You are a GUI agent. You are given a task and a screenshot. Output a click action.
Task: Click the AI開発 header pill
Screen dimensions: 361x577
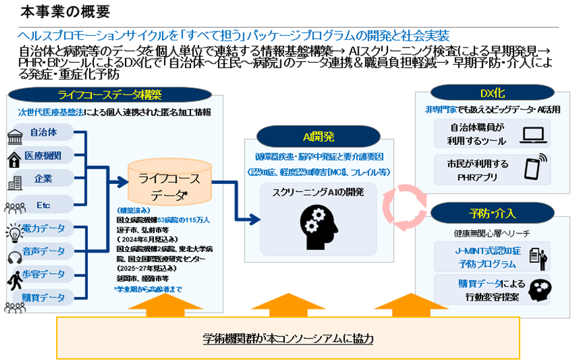click(x=319, y=137)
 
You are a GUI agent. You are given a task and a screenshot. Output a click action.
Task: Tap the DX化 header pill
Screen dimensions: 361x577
click(x=492, y=93)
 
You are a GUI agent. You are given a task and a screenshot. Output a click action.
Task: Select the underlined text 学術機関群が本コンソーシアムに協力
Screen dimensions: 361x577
click(x=288, y=339)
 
